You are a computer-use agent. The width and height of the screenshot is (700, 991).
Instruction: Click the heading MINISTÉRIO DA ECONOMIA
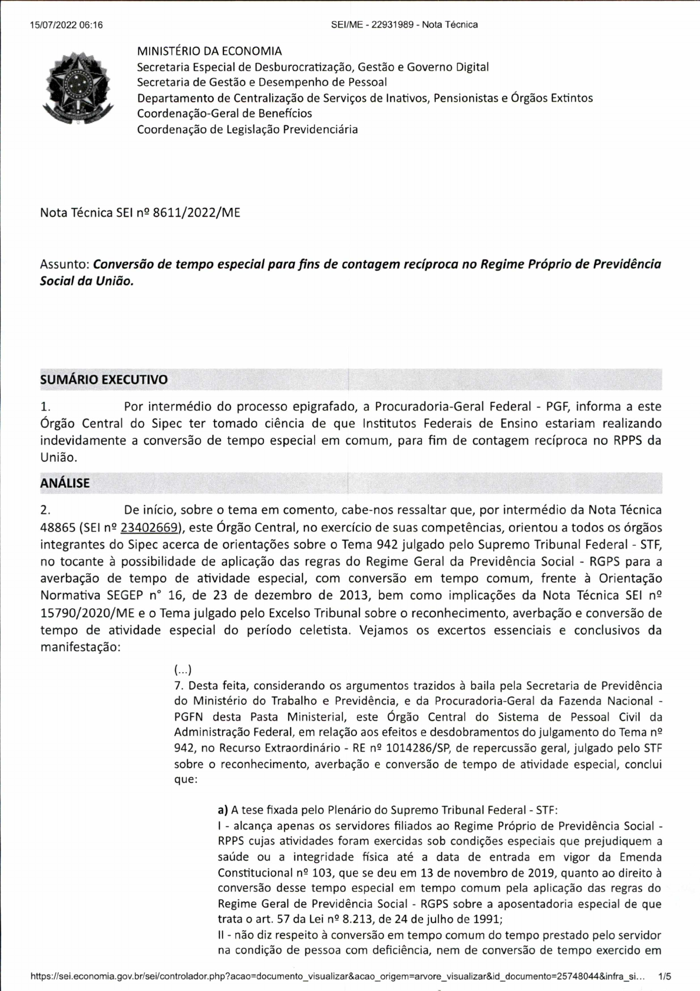209,51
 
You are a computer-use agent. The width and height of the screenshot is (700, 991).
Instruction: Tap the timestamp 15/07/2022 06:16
66,25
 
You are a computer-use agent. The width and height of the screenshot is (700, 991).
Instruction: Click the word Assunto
64,264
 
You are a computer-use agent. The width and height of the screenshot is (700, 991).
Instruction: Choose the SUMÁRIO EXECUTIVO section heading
104,380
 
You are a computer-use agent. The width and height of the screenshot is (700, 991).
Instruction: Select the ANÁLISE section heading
65,483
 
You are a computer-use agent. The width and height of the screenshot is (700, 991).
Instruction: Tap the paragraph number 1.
45,407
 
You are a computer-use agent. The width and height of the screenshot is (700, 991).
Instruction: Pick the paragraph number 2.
45,510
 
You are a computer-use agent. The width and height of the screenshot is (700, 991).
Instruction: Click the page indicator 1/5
665,977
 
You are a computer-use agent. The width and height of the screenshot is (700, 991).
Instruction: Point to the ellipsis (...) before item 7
183,670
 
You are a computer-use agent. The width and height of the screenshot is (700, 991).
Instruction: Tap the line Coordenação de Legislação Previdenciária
247,130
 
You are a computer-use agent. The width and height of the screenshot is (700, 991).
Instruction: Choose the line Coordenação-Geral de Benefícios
224,114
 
